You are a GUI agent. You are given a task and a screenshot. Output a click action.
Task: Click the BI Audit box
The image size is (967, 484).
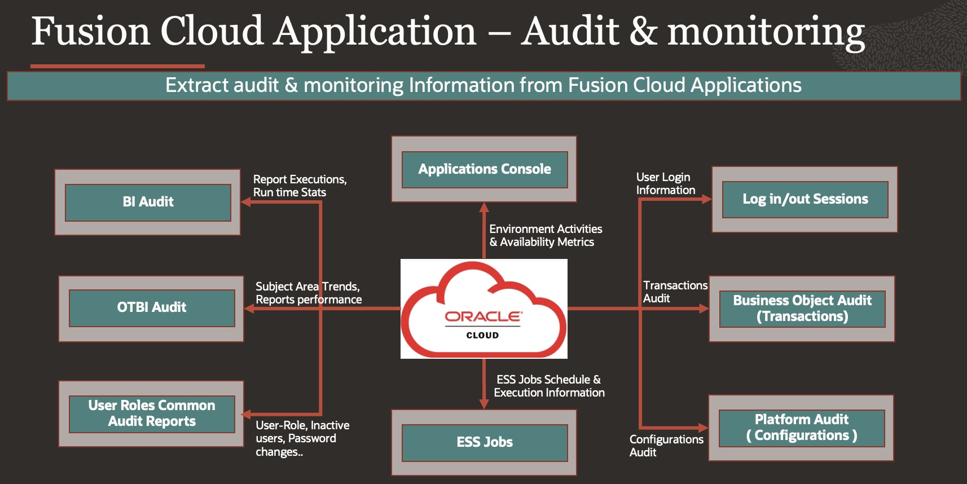(148, 202)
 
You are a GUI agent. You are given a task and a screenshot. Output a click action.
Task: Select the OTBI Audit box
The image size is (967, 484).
(151, 308)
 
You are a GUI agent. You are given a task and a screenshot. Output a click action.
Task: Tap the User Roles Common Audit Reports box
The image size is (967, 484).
(151, 413)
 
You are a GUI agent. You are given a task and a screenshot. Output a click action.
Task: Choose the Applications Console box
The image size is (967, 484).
(484, 169)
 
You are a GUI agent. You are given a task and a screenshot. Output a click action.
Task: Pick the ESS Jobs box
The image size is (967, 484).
(484, 442)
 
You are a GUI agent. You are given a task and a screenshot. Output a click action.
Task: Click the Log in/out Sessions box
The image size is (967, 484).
(805, 199)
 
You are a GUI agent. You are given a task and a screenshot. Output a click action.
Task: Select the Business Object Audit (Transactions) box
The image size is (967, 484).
(802, 309)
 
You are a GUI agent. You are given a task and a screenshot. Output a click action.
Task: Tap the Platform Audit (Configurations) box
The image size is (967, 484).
(801, 428)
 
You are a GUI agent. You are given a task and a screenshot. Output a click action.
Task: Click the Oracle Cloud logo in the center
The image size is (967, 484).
(483, 309)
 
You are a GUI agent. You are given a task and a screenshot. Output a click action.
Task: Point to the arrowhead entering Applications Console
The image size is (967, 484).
(484, 207)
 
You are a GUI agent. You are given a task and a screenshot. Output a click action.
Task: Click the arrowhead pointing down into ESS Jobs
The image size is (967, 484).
(484, 404)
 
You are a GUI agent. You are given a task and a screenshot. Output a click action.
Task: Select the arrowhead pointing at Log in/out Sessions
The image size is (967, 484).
(706, 199)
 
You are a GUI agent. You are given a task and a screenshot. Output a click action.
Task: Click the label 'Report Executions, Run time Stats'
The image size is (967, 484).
(300, 186)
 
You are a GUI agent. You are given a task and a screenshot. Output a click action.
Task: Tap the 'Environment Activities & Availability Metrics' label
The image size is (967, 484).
(545, 235)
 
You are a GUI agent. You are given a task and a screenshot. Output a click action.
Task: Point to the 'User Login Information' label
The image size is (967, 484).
(665, 183)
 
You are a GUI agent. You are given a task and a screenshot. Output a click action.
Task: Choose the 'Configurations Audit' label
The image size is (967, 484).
(666, 446)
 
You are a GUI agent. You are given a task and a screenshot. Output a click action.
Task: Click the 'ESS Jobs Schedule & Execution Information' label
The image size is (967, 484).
(548, 386)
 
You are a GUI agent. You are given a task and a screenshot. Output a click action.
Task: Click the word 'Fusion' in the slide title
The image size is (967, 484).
(90, 32)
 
